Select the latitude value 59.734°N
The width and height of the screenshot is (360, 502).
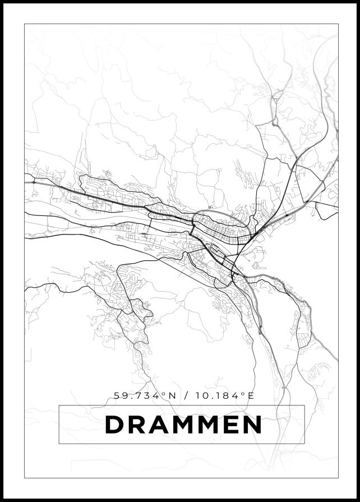click(145, 395)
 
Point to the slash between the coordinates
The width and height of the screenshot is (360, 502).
click(186, 395)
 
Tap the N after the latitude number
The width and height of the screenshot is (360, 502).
click(172, 395)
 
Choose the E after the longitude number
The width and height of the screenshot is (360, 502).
click(251, 395)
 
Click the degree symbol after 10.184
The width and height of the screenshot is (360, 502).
click(244, 394)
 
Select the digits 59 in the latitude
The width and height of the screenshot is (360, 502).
click(120, 395)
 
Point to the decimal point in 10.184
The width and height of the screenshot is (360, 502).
click(210, 398)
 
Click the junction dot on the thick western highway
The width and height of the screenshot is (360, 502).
click(34, 182)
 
